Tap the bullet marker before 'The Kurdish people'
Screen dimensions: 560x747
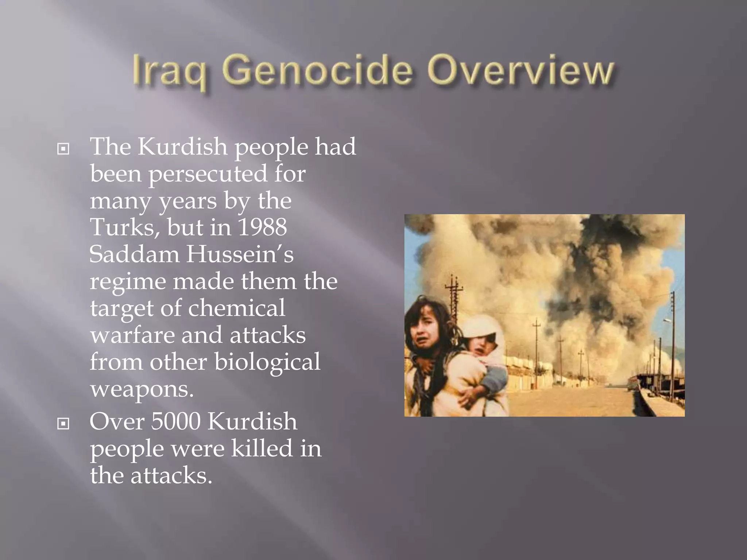63,149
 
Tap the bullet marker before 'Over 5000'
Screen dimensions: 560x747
63,424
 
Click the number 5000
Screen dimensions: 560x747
175,421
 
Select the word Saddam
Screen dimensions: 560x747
134,254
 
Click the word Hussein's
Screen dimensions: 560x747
240,254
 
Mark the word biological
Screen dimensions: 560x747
267,362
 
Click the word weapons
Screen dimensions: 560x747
142,389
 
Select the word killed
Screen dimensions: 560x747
262,448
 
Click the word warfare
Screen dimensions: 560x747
132,335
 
